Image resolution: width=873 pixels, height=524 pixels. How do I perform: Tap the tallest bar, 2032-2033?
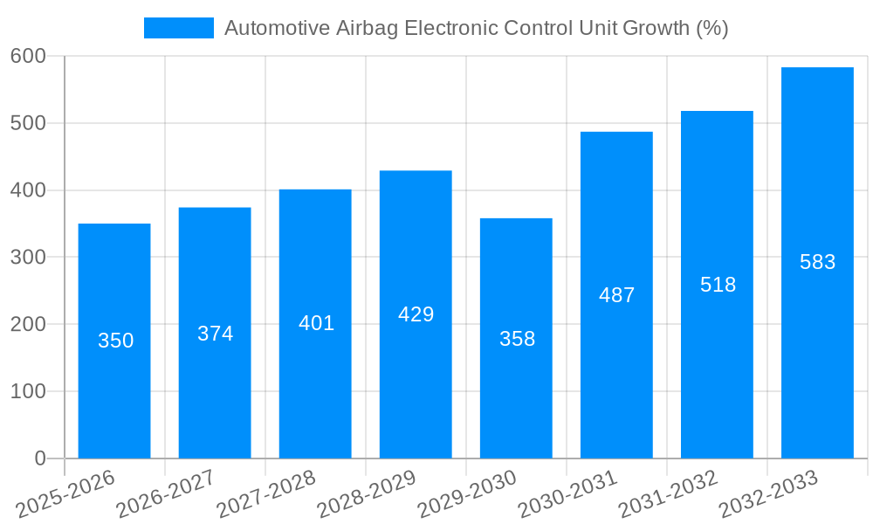(x=817, y=349)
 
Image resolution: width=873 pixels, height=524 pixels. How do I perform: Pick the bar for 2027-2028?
(x=315, y=384)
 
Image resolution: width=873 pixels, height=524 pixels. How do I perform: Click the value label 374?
(x=215, y=334)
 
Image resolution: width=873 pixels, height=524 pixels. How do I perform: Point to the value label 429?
(x=416, y=314)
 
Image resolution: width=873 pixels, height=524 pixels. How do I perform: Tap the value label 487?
(x=616, y=295)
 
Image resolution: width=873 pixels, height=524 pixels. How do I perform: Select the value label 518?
(x=718, y=285)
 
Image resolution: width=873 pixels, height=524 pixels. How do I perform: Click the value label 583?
(x=817, y=262)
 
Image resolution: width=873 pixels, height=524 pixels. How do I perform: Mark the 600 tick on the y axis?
(x=28, y=56)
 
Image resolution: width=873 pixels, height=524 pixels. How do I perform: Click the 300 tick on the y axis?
(x=28, y=257)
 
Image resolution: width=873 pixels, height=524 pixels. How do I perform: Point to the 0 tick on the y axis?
(x=40, y=458)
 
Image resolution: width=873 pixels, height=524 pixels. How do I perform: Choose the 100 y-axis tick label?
(x=28, y=391)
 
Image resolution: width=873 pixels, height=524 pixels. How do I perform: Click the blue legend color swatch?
(x=179, y=28)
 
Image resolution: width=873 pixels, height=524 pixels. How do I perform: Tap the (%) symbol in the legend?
(x=711, y=28)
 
